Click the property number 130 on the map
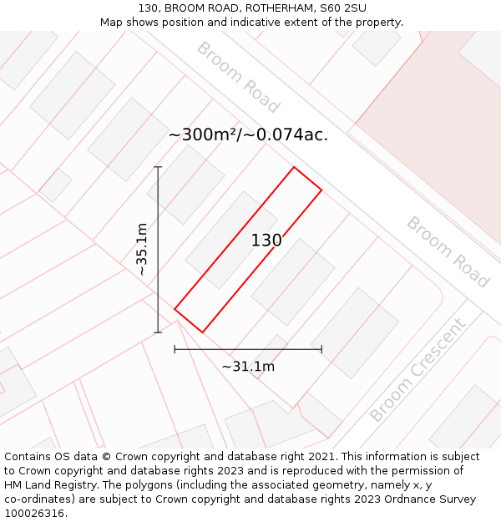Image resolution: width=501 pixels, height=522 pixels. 266,241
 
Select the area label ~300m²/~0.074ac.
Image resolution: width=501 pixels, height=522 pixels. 248,135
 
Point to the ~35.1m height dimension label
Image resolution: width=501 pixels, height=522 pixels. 142,250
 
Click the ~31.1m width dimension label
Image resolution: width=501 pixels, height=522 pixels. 248,366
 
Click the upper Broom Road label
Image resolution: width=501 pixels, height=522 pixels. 238,77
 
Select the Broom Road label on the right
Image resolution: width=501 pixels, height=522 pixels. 448,252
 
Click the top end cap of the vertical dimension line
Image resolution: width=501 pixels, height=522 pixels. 158,167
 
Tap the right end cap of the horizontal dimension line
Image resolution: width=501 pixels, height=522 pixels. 321,349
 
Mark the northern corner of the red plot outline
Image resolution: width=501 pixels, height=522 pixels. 294,167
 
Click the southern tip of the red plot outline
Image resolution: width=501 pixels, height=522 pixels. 202,332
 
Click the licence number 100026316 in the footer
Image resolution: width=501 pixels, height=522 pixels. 33,513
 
